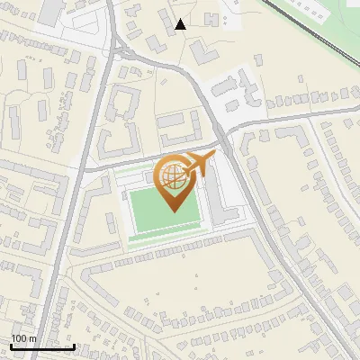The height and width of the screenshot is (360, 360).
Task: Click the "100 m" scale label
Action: pos(23,338)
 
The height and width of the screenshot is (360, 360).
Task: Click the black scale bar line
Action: pos(42,346)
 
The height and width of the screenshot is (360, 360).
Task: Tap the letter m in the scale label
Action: pos(32,338)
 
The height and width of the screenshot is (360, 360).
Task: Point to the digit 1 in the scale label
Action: pos(13,338)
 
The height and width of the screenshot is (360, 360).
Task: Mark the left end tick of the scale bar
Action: pos(11,345)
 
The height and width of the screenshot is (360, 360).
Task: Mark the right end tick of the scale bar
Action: pos(74,345)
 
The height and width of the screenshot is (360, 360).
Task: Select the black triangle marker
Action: pos(182,24)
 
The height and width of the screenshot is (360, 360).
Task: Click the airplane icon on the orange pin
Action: pos(199,165)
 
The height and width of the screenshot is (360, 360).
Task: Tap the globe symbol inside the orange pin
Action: pos(173,176)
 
